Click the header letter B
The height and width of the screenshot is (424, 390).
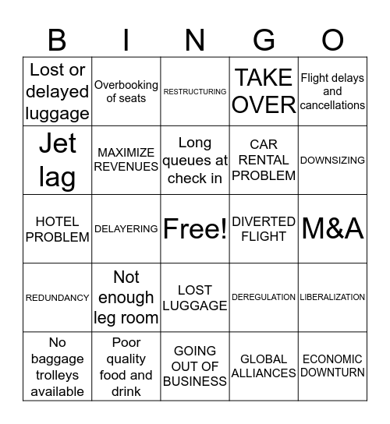point(57,39)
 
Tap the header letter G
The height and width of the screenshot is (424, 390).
point(264,39)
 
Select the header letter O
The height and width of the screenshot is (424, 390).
point(332,39)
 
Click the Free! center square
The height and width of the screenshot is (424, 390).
point(195,228)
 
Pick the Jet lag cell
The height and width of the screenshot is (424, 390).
point(58,160)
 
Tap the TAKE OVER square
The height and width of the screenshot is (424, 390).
point(264,91)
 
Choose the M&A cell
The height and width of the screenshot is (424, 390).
point(332,228)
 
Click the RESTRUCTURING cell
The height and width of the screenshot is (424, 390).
point(195,92)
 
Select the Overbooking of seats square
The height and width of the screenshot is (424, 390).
point(126,91)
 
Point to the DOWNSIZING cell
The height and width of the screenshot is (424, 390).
point(332,160)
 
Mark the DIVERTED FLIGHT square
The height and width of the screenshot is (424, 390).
point(264,228)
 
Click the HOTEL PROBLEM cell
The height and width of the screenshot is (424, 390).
point(58,228)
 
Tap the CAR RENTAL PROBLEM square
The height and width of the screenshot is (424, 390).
point(264,160)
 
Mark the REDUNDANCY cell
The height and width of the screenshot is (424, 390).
point(58,298)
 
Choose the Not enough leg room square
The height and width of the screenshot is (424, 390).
point(126,297)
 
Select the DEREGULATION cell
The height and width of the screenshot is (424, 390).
point(264,297)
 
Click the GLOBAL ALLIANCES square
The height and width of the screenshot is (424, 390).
point(264,366)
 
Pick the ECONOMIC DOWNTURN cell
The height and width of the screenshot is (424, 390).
point(332,366)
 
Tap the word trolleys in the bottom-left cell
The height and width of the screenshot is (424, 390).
point(58,375)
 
